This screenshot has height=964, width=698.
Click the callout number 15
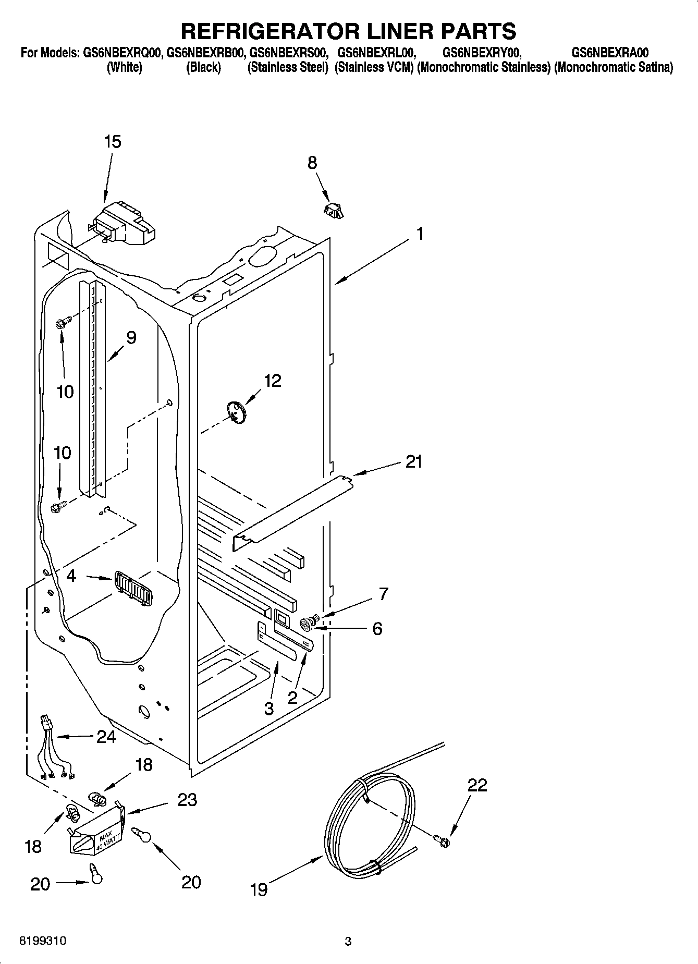[x=113, y=142]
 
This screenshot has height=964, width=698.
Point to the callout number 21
[x=413, y=461]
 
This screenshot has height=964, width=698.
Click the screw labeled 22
[x=443, y=840]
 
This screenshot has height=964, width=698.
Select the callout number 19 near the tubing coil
[x=259, y=889]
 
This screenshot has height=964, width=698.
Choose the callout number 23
[x=187, y=800]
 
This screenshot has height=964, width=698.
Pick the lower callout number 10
[x=62, y=452]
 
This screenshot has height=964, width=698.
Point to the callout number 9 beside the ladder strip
[x=131, y=338]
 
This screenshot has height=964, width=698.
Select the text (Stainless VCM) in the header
[x=374, y=67]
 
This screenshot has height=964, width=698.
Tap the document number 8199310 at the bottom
[x=43, y=941]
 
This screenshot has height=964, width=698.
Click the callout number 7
[x=383, y=593]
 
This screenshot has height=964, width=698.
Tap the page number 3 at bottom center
[x=348, y=942]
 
